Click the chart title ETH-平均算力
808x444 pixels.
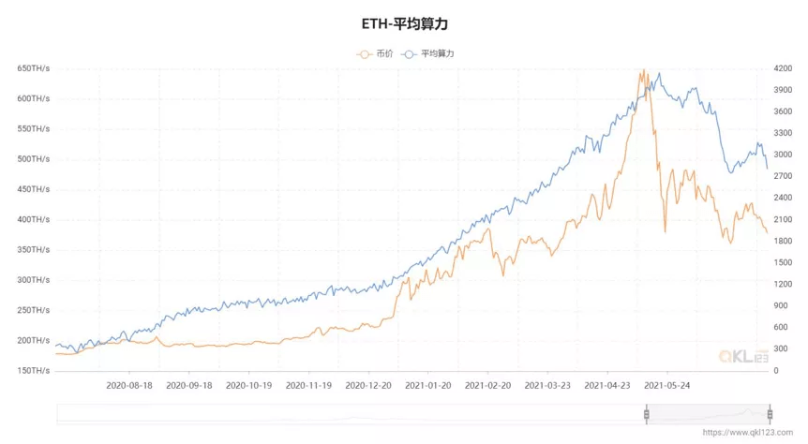[404, 22]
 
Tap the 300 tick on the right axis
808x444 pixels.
[780, 348]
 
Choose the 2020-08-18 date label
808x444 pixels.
[129, 385]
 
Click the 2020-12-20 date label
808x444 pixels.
[367, 385]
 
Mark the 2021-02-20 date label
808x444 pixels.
[487, 385]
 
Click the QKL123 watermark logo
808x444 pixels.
[743, 356]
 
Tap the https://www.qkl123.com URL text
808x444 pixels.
[753, 433]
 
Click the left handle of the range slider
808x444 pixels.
[646, 414]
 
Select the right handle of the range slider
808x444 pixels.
[769, 414]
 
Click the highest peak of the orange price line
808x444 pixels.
[643, 70]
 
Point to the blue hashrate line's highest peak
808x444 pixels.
[659, 73]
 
